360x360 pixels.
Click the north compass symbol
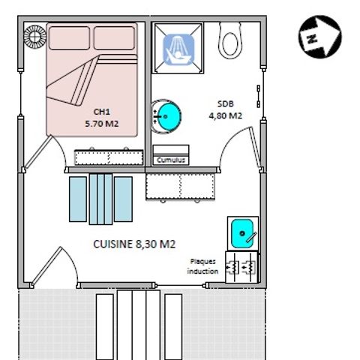click(x=320, y=37)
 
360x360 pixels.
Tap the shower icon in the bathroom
click(x=178, y=49)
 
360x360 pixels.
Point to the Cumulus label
click(x=169, y=160)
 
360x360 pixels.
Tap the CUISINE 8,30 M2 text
click(x=134, y=244)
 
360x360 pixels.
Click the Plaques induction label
click(x=202, y=266)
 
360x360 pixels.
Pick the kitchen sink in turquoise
click(x=243, y=234)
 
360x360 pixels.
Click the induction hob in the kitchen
click(x=243, y=265)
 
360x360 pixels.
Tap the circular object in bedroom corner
click(x=34, y=35)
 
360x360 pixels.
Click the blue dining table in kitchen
click(x=100, y=199)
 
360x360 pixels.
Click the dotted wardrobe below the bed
click(x=109, y=158)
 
